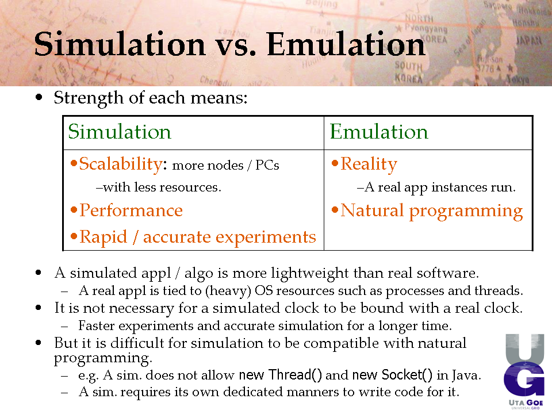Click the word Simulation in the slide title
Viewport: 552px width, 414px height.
tap(120, 44)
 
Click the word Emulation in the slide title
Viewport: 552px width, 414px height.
tap(346, 44)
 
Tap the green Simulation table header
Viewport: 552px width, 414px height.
tap(120, 132)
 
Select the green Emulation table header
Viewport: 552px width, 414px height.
tap(379, 132)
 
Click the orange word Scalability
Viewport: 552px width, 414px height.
tap(121, 164)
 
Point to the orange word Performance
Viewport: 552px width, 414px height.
tap(131, 210)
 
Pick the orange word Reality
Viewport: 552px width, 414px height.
tap(369, 164)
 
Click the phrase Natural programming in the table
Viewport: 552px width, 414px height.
tap(432, 211)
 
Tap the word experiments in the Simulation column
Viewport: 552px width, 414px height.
tap(266, 237)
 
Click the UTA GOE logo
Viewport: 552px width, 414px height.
tap(525, 371)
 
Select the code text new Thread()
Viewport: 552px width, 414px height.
tap(280, 375)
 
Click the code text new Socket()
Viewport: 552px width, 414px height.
tap(392, 375)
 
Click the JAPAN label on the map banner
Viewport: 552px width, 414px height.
tap(529, 41)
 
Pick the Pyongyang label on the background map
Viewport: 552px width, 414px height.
tap(425, 28)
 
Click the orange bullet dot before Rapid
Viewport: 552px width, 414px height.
tap(74, 236)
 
